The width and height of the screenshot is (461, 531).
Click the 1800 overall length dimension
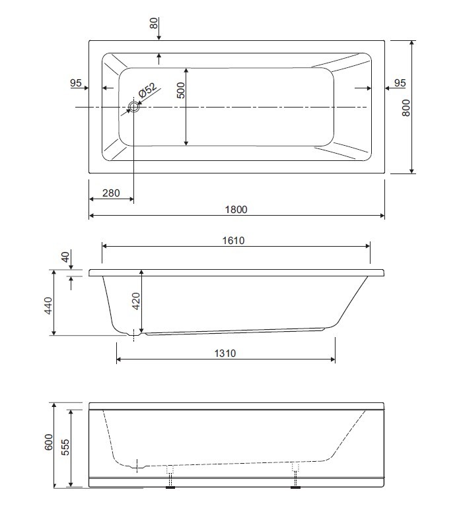pyautogui.click(x=236, y=210)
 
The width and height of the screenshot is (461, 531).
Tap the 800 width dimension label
pyautogui.click(x=406, y=108)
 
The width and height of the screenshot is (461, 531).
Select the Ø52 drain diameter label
pyautogui.click(x=147, y=90)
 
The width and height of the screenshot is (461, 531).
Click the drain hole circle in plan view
pyautogui.click(x=134, y=108)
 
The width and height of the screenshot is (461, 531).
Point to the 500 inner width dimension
pyautogui.click(x=181, y=90)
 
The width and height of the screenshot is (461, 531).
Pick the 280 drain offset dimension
pyautogui.click(x=111, y=193)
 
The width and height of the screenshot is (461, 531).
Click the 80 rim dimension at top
pyautogui.click(x=154, y=23)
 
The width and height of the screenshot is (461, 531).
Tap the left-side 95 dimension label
pyautogui.click(x=75, y=83)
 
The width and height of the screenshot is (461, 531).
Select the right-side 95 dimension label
pyautogui.click(x=400, y=83)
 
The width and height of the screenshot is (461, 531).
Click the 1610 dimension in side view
pyautogui.click(x=233, y=241)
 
